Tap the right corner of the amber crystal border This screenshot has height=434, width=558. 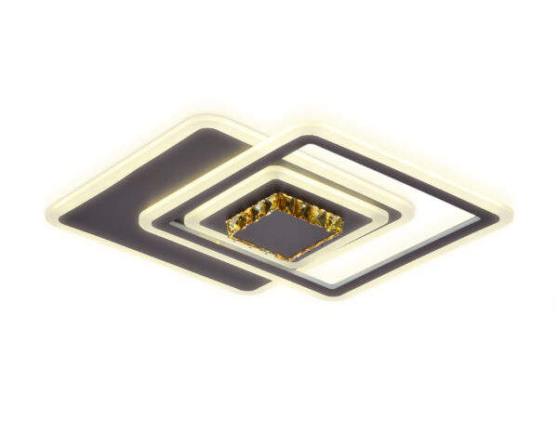pos(342,221)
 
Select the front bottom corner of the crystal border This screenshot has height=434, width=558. pos(296,257)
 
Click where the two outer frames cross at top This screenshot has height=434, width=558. pos(263,139)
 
